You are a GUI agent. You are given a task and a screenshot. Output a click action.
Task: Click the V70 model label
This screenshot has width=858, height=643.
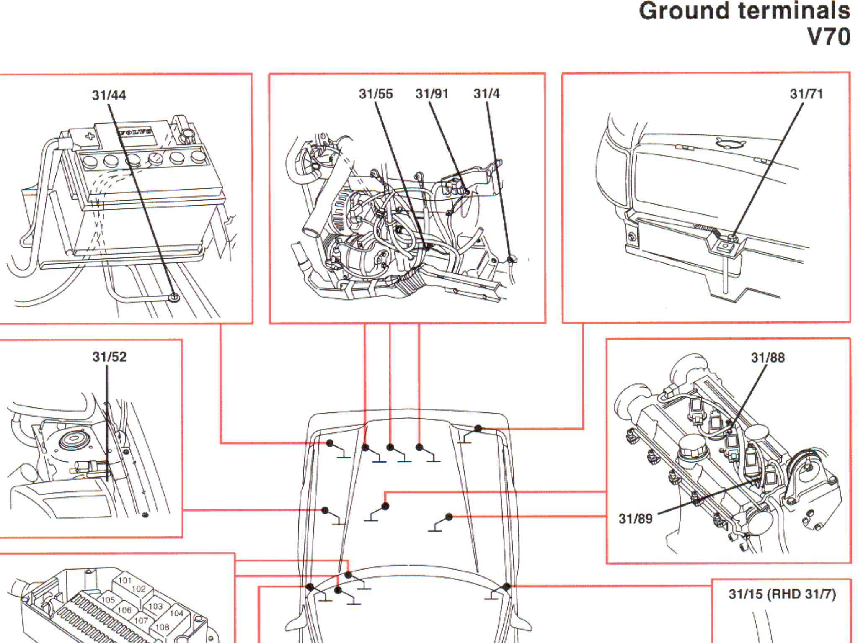pos(828,37)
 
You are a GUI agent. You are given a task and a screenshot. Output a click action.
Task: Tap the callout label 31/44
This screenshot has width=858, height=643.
pos(109,95)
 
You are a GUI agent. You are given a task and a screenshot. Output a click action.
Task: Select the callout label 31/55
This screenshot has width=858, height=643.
pos(376,94)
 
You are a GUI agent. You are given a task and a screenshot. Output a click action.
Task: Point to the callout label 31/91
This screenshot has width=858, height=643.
pos(432,94)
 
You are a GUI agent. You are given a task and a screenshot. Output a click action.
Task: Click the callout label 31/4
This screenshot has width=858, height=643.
pos(486,94)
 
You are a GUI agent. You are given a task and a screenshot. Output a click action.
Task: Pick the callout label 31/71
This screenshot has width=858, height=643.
pos(806,94)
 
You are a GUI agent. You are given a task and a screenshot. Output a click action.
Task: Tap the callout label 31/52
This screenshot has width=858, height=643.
pos(109,357)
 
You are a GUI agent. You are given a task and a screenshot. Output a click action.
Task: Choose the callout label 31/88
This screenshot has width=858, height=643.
pos(768,358)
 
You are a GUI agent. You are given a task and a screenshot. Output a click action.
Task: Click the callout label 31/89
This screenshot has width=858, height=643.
pos(636,519)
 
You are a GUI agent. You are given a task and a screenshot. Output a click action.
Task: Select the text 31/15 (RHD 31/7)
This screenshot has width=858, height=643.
pos(782,594)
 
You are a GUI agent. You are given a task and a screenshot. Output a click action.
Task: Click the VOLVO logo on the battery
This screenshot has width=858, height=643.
pos(135,132)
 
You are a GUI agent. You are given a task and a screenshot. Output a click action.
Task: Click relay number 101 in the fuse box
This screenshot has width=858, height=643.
pos(125,580)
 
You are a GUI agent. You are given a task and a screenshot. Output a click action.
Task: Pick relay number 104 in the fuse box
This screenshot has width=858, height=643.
pos(176,613)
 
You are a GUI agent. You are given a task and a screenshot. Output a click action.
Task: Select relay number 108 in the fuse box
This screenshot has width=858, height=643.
pos(162,627)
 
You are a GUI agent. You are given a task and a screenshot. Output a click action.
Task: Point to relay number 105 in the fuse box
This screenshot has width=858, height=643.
pos(108,599)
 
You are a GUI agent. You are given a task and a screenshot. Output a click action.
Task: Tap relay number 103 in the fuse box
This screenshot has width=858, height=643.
pos(155,606)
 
